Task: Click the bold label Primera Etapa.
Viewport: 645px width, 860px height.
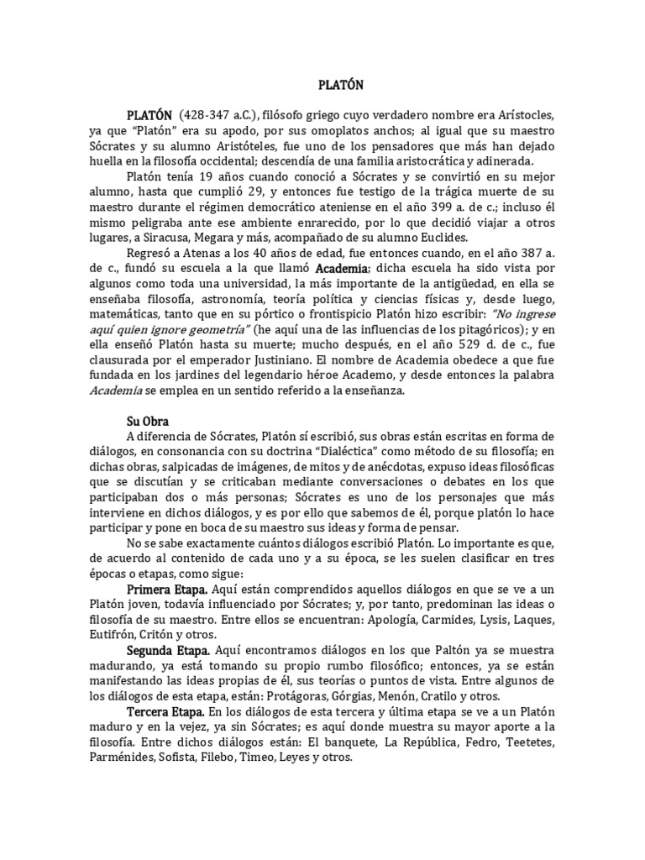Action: (x=166, y=590)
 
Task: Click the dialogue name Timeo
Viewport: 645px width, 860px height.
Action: (x=259, y=757)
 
